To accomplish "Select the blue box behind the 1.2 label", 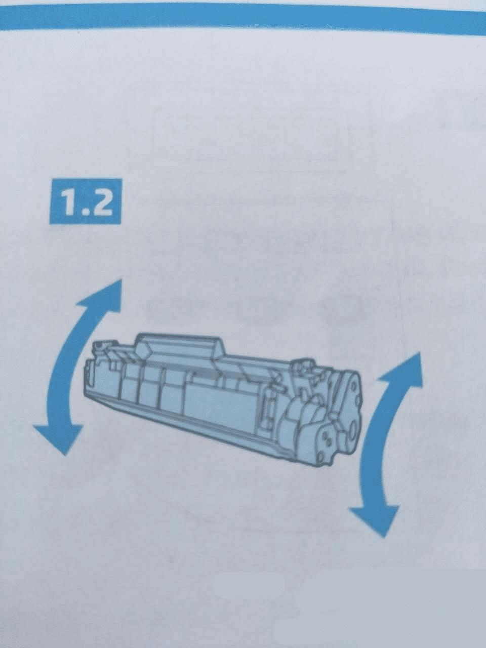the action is (x=85, y=201).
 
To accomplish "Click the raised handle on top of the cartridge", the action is (x=180, y=344).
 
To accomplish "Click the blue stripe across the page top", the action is (x=243, y=16).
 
